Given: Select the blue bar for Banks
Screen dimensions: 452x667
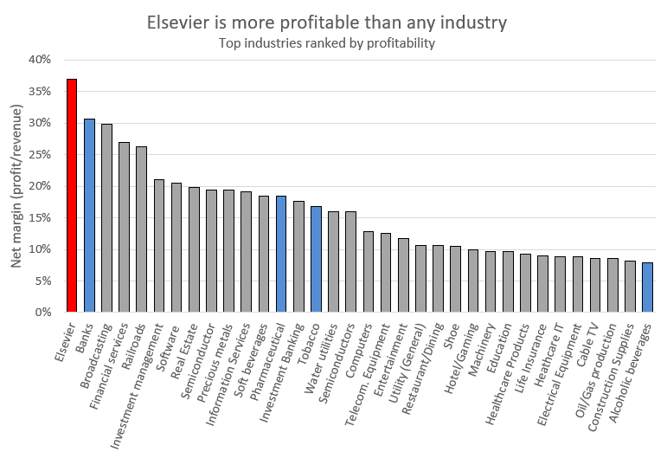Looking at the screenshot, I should coord(89,216).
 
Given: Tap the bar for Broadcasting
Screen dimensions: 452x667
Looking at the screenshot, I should coord(106,218).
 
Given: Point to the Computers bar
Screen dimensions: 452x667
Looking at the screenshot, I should coord(368,272).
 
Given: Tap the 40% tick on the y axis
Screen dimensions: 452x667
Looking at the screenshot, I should coord(40,60).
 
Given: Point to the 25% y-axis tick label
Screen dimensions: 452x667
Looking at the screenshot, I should coord(40,154).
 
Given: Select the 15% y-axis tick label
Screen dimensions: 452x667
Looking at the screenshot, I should coord(40,217).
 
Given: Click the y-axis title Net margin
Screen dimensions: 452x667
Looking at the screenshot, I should coord(16,185).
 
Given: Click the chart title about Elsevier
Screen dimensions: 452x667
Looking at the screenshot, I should coord(333,22).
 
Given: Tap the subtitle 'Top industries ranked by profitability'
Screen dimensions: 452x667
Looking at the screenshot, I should coord(333,42).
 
